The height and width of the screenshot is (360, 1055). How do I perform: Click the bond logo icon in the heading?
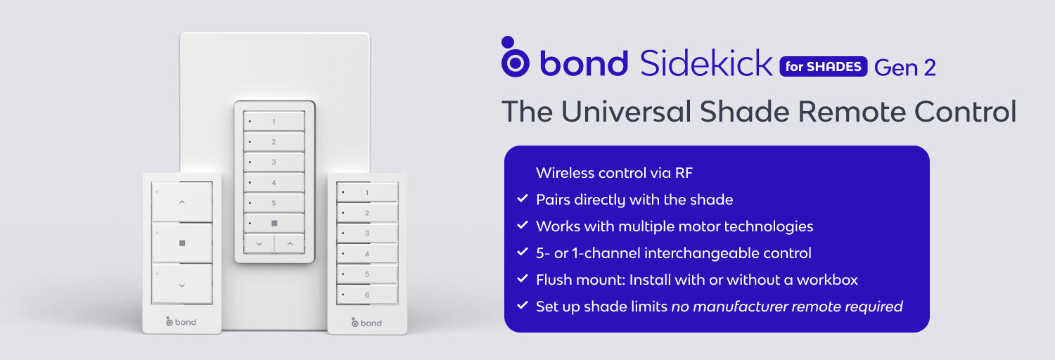[x=514, y=57]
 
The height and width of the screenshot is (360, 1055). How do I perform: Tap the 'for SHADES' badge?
[x=824, y=66]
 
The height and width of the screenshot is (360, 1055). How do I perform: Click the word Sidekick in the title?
[x=706, y=63]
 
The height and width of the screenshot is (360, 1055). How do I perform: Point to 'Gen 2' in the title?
[x=904, y=67]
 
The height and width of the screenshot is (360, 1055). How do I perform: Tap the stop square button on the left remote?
[x=181, y=243]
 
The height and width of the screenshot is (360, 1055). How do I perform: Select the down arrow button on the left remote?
[x=181, y=284]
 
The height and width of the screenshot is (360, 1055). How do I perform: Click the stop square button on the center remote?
[x=274, y=223]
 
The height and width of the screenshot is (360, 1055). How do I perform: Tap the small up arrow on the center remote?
[x=290, y=244]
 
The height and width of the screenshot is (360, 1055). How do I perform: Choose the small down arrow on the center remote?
[x=259, y=244]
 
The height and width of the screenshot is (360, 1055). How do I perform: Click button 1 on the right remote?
[x=367, y=193]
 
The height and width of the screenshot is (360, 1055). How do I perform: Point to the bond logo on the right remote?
[x=366, y=323]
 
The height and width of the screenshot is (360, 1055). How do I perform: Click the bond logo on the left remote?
[x=181, y=322]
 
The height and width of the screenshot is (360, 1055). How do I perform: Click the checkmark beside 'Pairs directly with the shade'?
[x=523, y=198]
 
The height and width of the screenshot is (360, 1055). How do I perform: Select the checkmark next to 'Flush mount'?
[x=523, y=278]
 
